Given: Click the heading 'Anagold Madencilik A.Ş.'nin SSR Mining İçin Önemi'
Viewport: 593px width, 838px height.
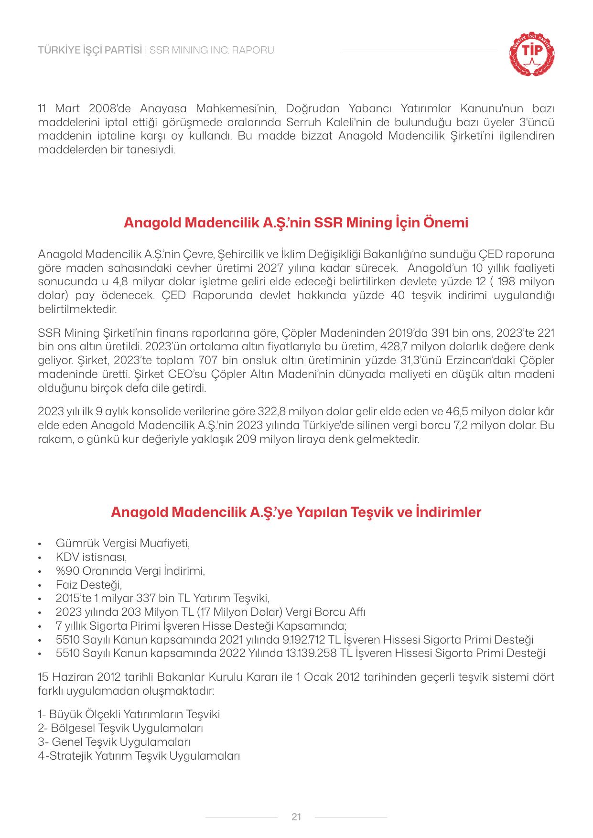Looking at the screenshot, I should [296, 223].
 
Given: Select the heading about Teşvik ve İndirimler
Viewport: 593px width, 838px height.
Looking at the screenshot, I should [296, 512].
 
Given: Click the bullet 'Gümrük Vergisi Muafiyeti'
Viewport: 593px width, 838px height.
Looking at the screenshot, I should [123, 543].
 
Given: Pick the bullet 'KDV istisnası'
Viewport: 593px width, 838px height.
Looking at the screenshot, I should [91, 557].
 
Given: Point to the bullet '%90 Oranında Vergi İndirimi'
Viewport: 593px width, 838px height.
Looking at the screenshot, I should [130, 571].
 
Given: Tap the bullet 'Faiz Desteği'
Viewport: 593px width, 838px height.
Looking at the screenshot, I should [89, 585].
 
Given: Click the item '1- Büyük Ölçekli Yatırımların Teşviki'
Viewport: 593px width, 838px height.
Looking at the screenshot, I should [129, 714].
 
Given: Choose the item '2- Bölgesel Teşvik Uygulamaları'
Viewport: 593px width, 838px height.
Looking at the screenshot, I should [120, 728].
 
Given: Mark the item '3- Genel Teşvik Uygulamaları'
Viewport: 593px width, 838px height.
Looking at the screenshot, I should [114, 742].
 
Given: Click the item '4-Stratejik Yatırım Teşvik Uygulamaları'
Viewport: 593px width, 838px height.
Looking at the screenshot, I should [139, 756].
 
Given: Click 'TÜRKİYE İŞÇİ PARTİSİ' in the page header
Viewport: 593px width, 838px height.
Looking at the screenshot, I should [90, 50].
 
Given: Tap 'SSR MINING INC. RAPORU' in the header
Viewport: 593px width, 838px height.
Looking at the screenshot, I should [212, 50].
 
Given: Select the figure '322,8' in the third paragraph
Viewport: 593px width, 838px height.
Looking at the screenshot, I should [270, 411].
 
